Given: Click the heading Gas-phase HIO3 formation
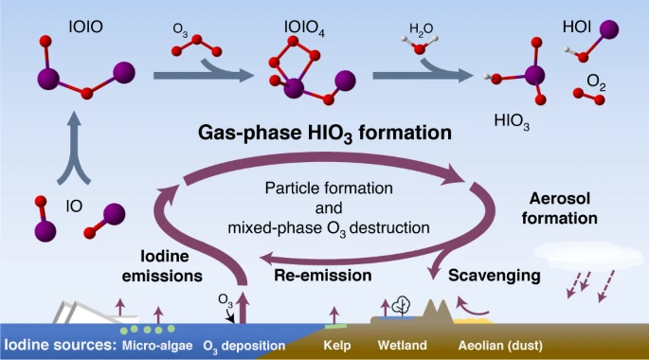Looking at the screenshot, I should point(323,133).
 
